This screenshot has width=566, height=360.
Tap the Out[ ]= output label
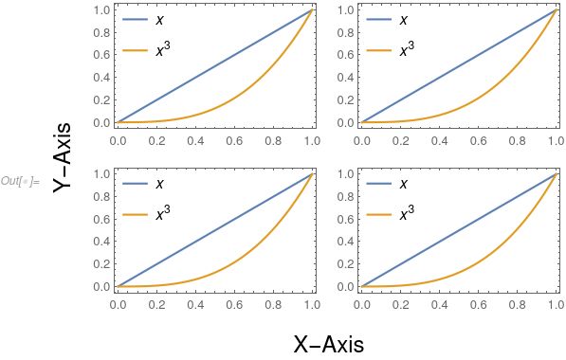pos(20,180)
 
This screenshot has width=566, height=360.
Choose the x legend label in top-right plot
pos(404,18)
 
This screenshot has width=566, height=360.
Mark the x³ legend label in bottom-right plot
pos(406,214)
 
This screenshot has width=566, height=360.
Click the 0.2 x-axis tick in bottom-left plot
pos(156,306)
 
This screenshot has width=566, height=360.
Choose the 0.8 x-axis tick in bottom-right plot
pos(517,306)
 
